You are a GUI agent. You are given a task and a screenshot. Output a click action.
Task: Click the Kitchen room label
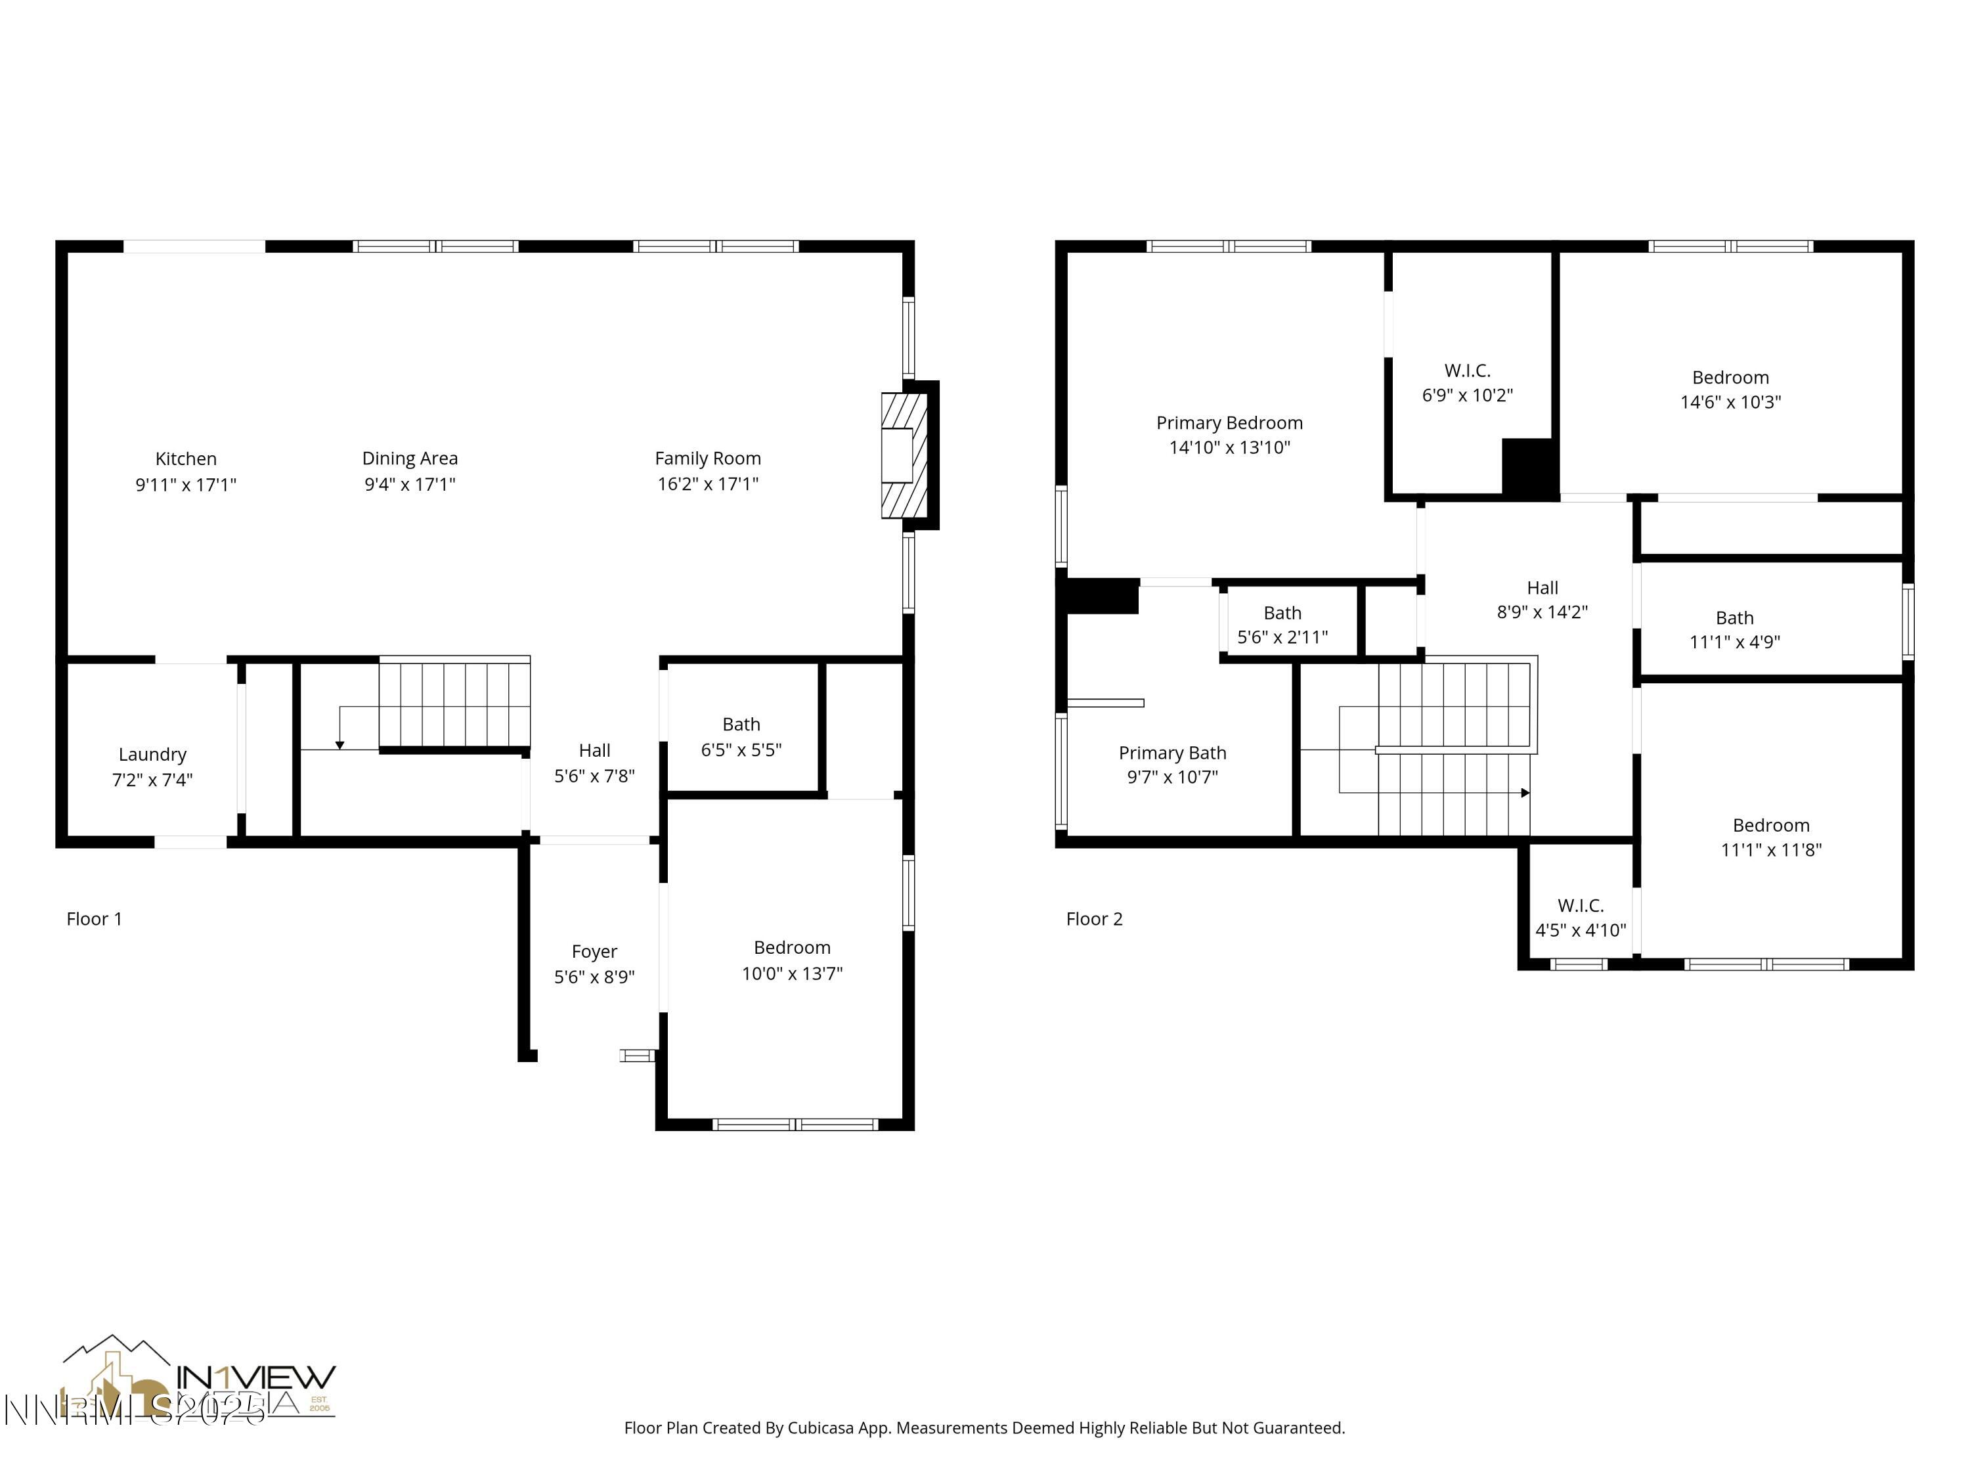185,459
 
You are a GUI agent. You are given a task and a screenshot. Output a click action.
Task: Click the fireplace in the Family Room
904,455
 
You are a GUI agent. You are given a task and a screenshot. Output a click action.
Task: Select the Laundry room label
152,755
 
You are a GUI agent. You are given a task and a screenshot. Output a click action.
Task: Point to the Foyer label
594,951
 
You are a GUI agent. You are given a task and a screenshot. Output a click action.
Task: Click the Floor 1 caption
93,918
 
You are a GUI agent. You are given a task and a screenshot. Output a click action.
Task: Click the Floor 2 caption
1093,918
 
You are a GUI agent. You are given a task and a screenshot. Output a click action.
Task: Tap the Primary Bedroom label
1229,423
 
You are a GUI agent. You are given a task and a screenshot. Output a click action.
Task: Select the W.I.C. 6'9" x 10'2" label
1467,382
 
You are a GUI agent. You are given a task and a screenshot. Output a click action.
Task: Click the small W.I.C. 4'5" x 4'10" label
1580,918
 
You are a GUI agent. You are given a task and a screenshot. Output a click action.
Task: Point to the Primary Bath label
1172,753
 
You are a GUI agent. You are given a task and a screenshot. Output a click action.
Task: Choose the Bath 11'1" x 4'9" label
1734,629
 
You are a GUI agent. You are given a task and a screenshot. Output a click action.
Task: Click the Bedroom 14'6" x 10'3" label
1730,390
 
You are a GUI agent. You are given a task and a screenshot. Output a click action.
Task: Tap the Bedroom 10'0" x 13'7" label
792,960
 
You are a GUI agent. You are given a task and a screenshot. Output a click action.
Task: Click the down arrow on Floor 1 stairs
339,744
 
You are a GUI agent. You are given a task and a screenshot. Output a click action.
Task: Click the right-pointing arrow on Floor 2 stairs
1525,793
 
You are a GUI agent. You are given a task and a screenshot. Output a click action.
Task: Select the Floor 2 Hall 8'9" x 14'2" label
1542,600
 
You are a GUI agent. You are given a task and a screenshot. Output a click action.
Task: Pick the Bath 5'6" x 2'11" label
1282,625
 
